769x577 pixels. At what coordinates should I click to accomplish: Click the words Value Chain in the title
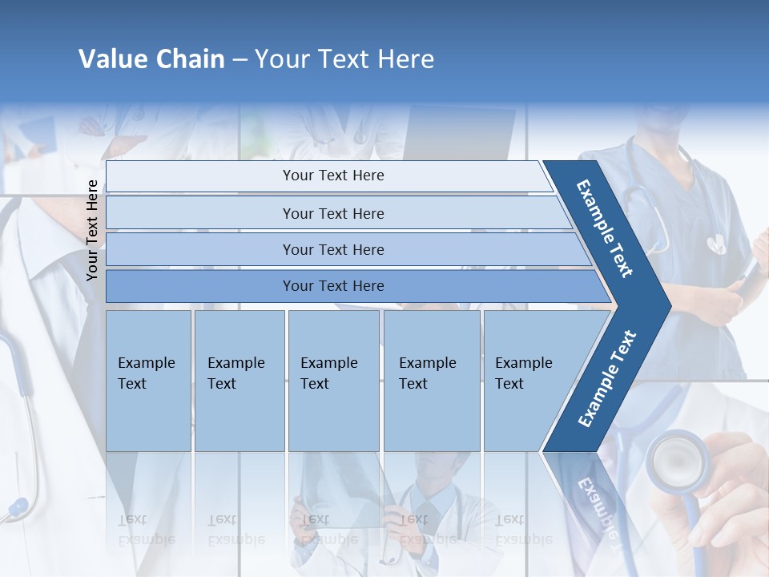coord(151,59)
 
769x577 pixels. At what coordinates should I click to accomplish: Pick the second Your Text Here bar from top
coord(333,213)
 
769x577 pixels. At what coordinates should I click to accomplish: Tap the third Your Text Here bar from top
coord(333,249)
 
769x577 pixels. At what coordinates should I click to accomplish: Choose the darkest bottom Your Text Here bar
coord(333,286)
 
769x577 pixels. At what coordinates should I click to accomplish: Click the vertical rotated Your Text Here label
coord(92,230)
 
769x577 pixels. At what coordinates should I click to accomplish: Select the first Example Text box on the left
coord(148,381)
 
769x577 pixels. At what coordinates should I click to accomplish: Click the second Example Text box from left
coord(239,381)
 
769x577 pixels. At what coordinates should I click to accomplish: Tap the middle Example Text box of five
coord(333,381)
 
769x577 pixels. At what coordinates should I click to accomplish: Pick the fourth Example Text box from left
coord(431,381)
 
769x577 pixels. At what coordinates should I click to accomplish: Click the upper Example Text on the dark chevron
coord(605,228)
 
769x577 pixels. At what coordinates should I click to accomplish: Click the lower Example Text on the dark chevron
coord(606,378)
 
